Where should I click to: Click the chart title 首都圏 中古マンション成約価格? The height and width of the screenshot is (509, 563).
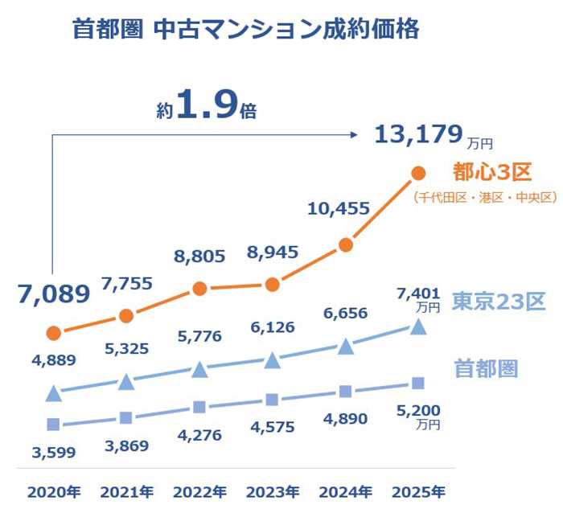(x=245, y=31)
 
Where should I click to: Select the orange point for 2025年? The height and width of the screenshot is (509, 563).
(x=418, y=173)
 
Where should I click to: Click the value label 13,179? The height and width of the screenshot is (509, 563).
(x=418, y=134)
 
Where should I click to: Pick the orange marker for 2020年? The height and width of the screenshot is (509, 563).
(x=54, y=333)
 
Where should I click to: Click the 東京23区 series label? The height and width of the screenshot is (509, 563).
(x=498, y=302)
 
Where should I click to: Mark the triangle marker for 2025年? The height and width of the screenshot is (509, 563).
(x=418, y=326)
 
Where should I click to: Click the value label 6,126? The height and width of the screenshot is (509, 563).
(x=272, y=327)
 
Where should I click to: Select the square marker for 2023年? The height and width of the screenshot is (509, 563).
(x=272, y=400)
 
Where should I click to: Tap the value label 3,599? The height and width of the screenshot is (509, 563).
(x=54, y=452)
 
